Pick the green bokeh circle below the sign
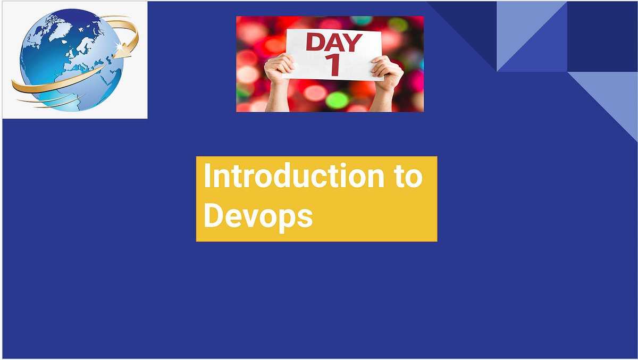click(x=337, y=99)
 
